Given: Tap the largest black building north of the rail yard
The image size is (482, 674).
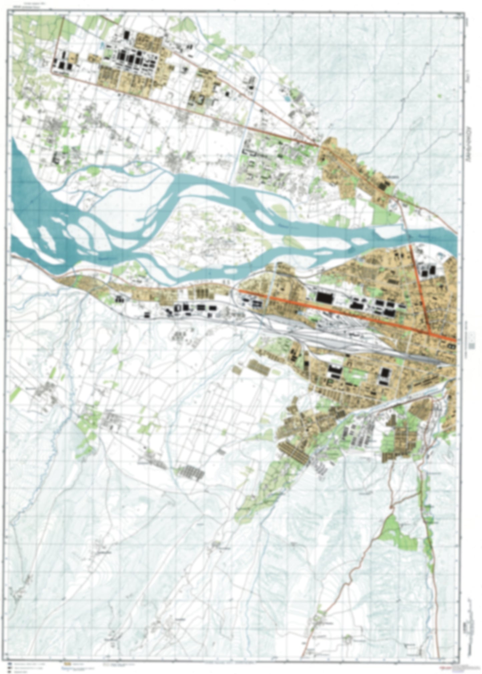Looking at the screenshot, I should [323, 297].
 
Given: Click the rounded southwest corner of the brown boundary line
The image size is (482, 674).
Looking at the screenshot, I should [52, 71].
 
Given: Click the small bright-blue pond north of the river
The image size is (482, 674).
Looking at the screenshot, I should [286, 99].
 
